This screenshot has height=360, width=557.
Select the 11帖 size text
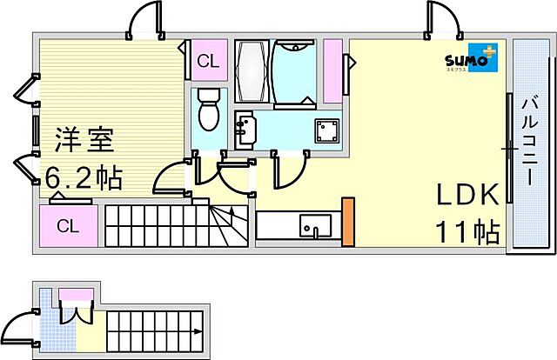pos(467,232)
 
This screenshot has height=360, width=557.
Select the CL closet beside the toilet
pos(207,60)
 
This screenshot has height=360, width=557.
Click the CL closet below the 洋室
pos(69,227)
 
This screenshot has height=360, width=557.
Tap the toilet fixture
pos(208,109)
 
